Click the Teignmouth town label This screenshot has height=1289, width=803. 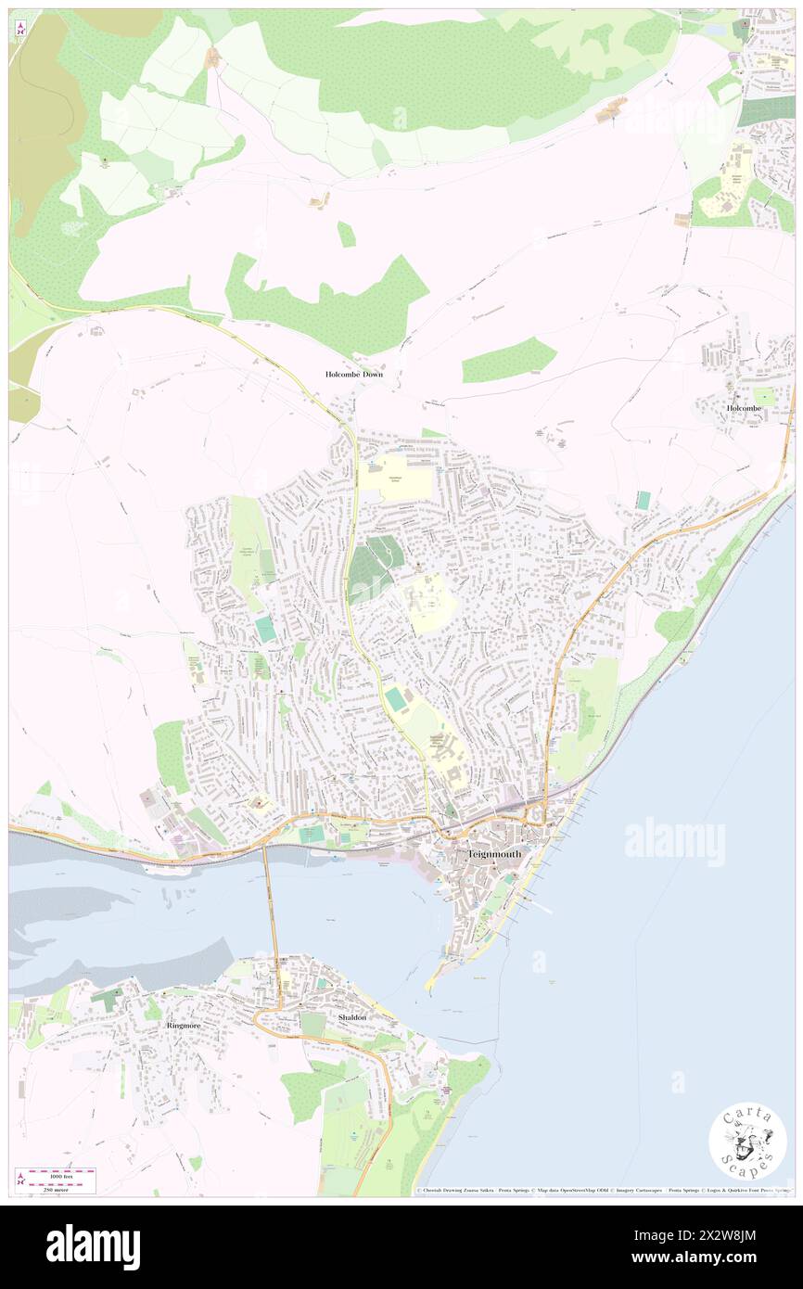tap(494, 853)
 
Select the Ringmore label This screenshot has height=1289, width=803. tap(183, 1026)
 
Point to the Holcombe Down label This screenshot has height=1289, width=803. tap(353, 374)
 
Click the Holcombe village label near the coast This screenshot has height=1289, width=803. tap(744, 407)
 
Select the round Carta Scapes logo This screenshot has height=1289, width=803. tap(747, 1140)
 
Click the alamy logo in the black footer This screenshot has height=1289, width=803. tap(93, 1246)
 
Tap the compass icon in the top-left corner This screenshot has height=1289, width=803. tap(20, 30)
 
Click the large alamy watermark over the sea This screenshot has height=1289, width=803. tap(674, 841)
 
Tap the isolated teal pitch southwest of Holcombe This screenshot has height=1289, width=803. tap(644, 500)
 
